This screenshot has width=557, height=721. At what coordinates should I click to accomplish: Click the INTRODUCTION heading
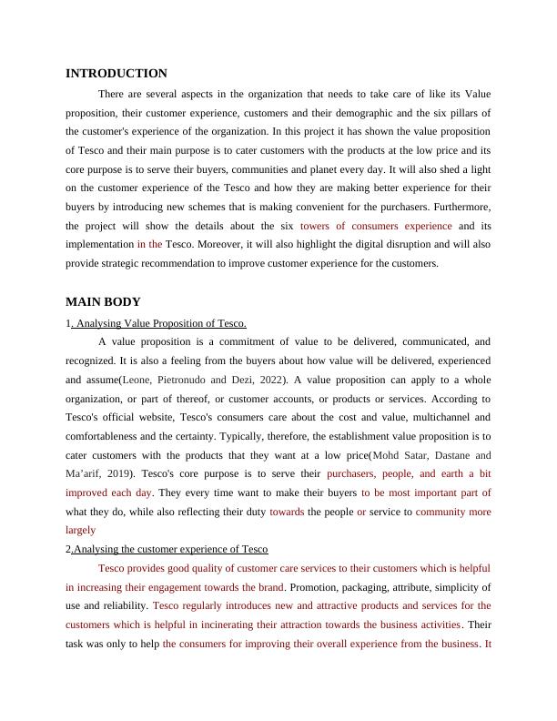tap(116, 74)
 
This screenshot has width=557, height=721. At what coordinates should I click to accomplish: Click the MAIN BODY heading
tap(103, 302)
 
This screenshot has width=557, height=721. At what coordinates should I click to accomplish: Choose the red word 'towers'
tap(314, 226)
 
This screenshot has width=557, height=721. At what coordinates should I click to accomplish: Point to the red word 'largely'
tap(80, 530)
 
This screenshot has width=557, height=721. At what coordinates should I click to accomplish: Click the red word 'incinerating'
tap(268, 625)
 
